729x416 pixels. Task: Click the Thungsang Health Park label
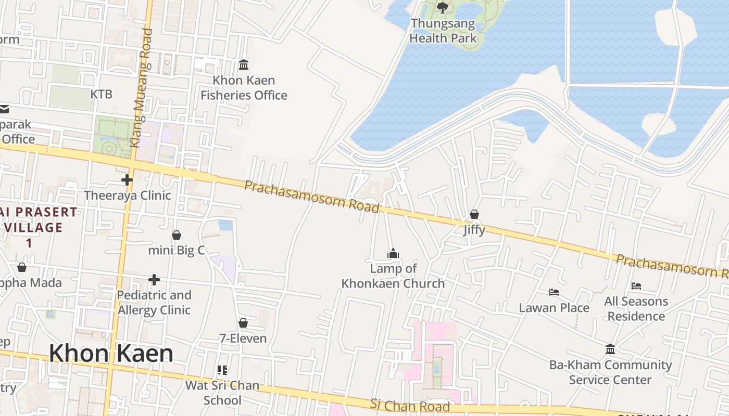(x=443, y=31)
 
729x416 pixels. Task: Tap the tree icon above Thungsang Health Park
(x=443, y=7)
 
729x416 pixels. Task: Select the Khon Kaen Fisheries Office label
(x=244, y=88)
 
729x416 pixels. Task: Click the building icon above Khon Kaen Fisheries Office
(x=244, y=65)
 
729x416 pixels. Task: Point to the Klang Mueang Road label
(x=141, y=87)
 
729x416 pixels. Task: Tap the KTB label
(x=101, y=94)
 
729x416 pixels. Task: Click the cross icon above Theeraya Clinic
(x=127, y=180)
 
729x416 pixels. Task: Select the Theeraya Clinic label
(x=128, y=196)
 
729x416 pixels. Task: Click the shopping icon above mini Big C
(x=177, y=235)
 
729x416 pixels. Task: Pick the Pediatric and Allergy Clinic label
(x=154, y=303)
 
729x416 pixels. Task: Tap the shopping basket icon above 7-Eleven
(x=243, y=323)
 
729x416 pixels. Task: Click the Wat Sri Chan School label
(x=222, y=393)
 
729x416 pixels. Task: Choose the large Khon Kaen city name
(x=111, y=354)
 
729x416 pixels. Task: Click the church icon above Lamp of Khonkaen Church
(x=393, y=253)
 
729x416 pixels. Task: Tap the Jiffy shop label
(x=474, y=230)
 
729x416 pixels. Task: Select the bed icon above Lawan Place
(x=554, y=292)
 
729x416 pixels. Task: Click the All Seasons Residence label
(x=636, y=309)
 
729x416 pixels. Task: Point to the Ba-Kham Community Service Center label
(x=610, y=372)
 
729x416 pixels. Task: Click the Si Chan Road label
(x=410, y=405)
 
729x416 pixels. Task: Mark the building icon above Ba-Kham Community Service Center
(x=610, y=349)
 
